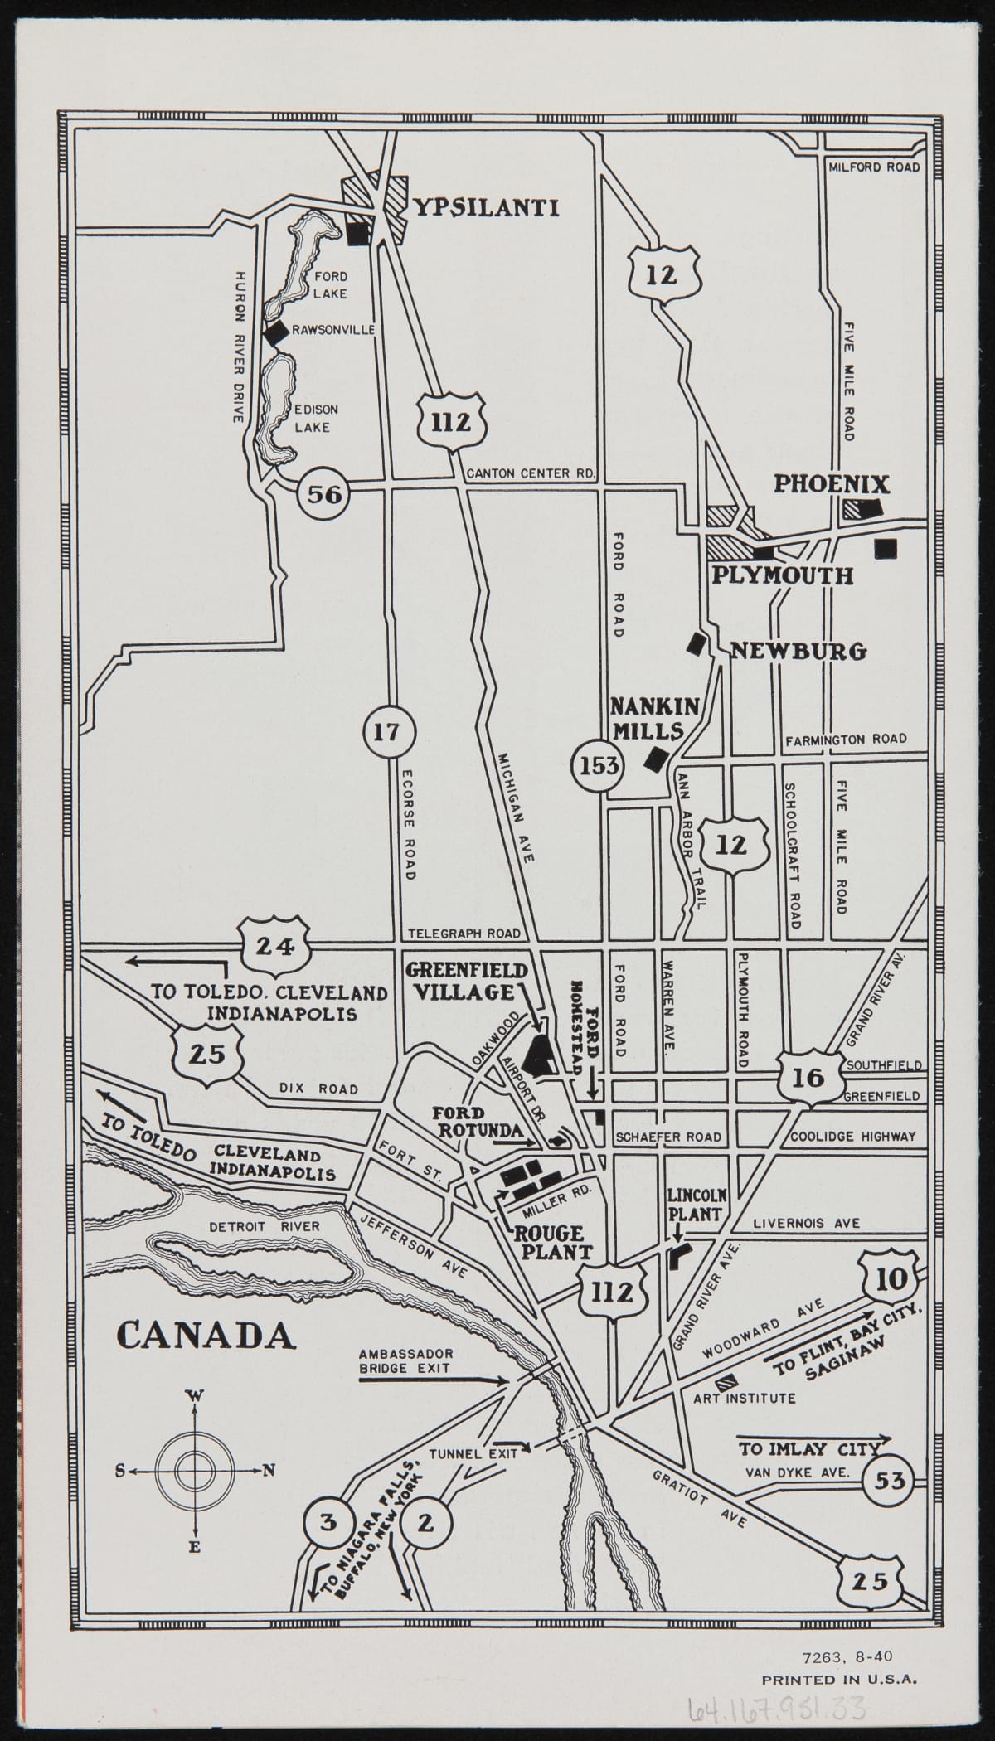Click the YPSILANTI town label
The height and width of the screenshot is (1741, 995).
tap(486, 207)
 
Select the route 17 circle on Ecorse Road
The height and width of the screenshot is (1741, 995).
tap(386, 732)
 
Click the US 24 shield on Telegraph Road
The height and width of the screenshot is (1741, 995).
tap(274, 946)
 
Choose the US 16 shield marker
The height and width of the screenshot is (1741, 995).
tap(808, 1077)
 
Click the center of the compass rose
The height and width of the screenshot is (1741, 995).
tap(195, 1470)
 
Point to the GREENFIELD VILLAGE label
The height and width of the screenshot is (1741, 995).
tap(466, 981)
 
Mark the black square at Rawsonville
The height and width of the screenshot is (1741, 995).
tap(276, 332)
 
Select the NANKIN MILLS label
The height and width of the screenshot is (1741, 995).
tap(654, 718)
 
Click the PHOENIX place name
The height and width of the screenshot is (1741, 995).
tap(832, 484)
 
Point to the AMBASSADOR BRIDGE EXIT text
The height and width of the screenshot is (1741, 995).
tap(405, 1361)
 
